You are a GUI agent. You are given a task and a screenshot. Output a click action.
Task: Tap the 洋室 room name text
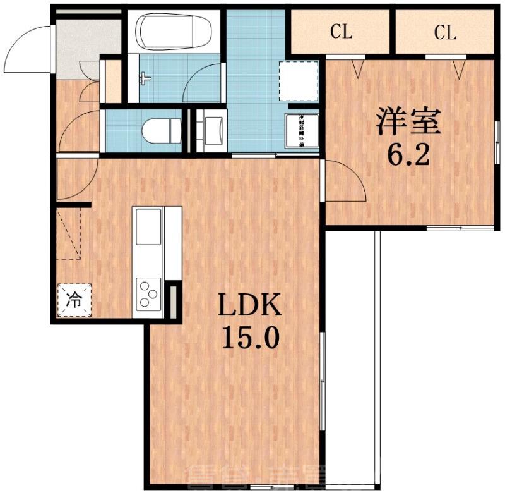pos(408,121)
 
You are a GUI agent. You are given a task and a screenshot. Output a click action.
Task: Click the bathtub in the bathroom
pos(175,32)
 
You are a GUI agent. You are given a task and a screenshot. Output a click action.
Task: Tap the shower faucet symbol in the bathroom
pos(145,79)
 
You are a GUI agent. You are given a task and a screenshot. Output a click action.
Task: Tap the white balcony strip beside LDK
pos(350,354)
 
